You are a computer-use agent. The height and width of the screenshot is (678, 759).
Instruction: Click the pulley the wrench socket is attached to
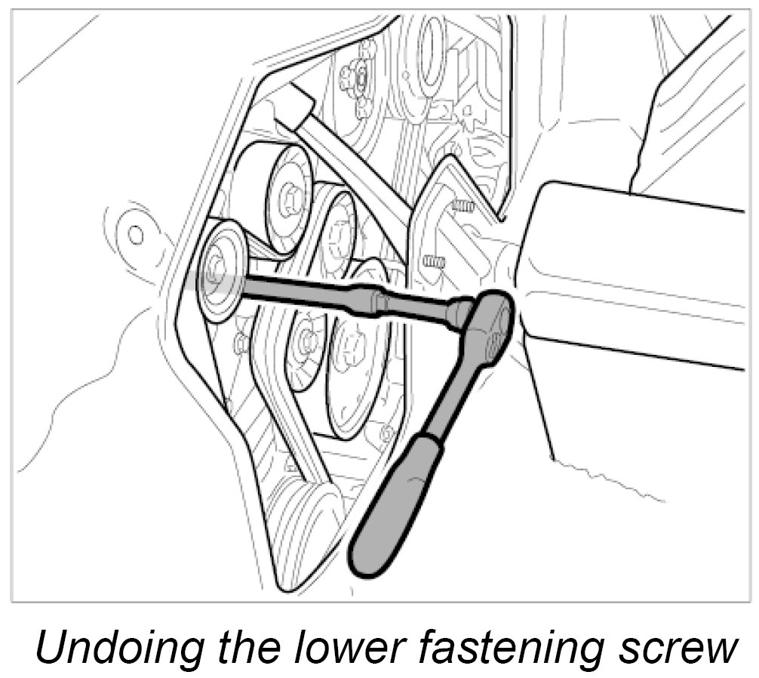coord(222,272)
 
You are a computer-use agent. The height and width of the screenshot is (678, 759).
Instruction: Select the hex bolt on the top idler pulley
coord(288,198)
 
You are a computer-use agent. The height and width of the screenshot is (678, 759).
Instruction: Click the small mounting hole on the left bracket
coord(136,234)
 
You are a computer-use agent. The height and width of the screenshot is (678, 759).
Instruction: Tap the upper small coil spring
coord(462,205)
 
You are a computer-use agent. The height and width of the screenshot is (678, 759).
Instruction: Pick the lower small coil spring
coord(433,261)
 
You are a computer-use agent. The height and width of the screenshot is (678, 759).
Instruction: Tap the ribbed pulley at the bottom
coord(302,529)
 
